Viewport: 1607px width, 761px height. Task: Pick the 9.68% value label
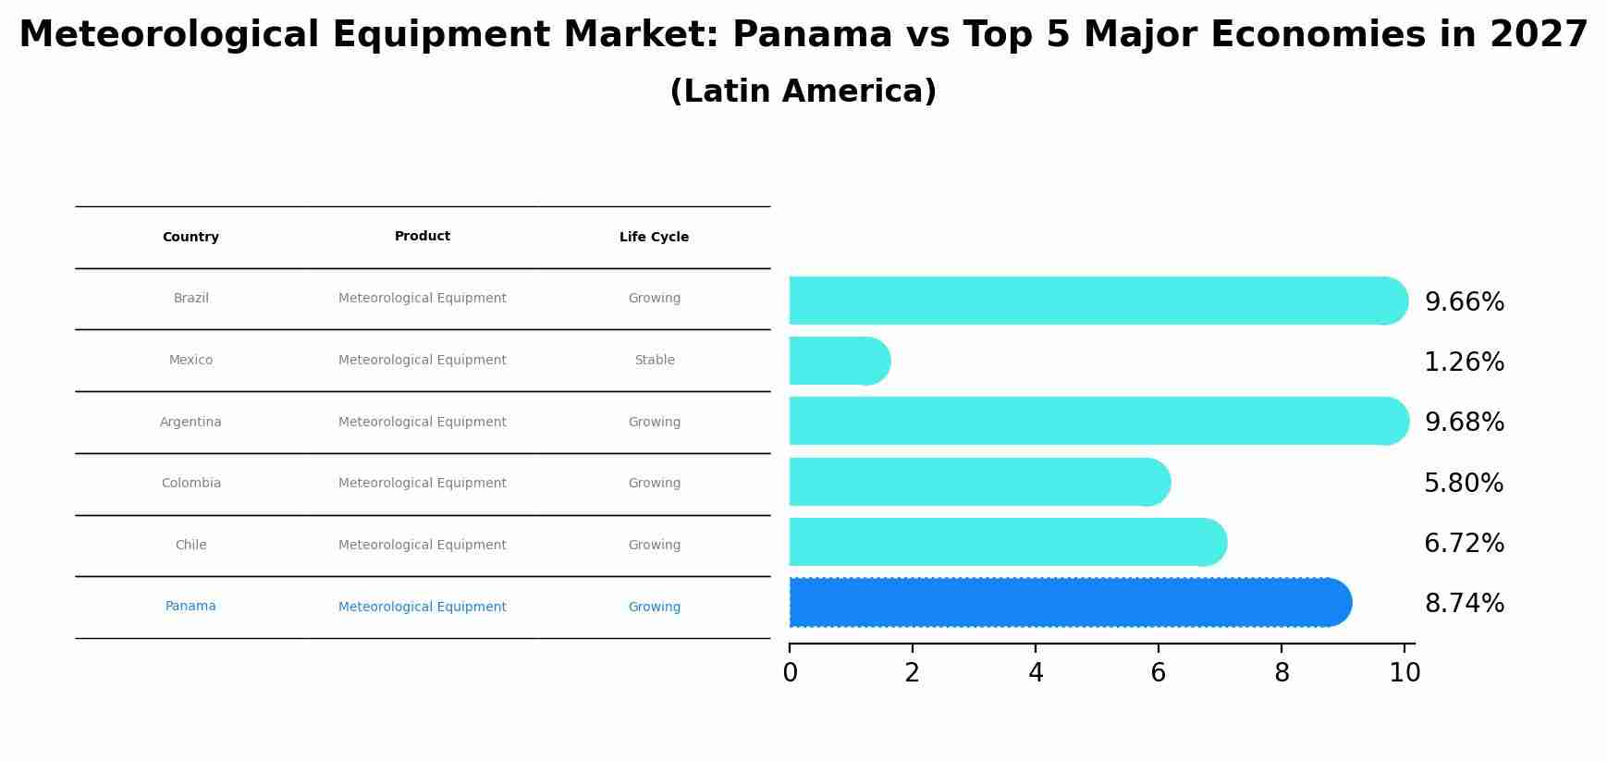coord(1464,423)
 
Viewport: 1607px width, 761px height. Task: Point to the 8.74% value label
coord(1464,604)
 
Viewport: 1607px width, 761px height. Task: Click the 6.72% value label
coord(1464,544)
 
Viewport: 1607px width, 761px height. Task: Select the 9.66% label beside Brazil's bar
coord(1464,302)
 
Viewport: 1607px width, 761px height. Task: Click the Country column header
coord(190,237)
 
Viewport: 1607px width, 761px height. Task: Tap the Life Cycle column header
coord(654,237)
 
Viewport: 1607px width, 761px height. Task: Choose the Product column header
coord(422,237)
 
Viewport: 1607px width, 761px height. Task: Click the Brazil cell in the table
coord(190,299)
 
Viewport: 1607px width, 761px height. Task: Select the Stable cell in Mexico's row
coord(654,361)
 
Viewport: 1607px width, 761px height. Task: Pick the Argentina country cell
coord(190,423)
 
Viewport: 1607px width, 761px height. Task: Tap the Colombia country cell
coord(190,484)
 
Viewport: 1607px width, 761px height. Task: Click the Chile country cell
coord(190,546)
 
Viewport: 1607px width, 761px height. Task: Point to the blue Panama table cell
coord(190,607)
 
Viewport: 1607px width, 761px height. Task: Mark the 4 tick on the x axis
coord(1036,673)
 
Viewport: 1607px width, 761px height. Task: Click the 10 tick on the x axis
coord(1405,673)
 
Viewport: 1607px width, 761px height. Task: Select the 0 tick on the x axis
coord(790,673)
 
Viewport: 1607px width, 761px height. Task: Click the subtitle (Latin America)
coord(803,92)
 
